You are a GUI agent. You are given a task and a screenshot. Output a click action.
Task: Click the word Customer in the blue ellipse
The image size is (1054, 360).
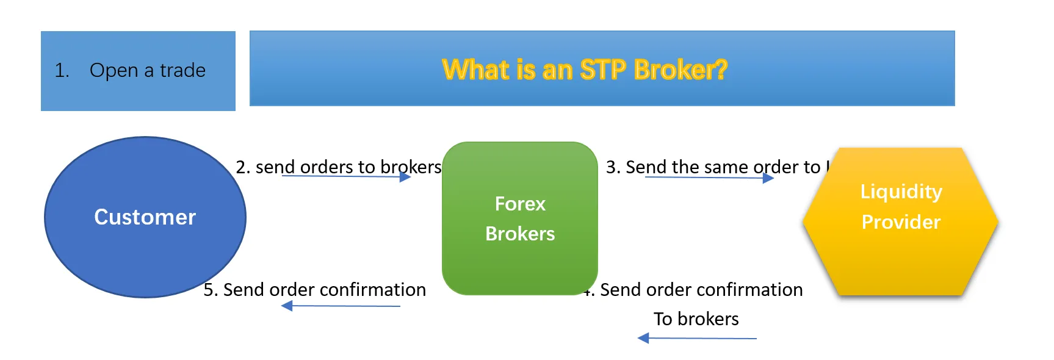click(145, 217)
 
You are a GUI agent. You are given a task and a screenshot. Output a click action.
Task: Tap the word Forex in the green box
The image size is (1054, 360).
click(520, 204)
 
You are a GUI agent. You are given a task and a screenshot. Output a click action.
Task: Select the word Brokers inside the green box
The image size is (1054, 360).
click(520, 234)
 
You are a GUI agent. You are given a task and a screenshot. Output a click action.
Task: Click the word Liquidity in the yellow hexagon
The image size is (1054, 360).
click(901, 192)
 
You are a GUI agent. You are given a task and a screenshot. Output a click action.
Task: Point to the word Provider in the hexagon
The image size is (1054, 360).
click(901, 222)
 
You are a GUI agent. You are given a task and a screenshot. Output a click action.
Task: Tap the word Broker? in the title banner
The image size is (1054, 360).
click(680, 70)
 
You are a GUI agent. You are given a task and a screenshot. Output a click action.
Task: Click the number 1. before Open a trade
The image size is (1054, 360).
click(62, 71)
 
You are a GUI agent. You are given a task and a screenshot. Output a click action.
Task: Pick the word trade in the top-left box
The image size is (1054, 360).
click(182, 71)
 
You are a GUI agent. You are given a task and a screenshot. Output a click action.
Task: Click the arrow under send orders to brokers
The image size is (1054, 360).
click(346, 177)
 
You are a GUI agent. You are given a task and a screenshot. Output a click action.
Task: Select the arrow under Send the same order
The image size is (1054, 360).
click(709, 178)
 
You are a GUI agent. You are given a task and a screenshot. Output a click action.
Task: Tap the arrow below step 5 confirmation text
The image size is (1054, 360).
click(341, 306)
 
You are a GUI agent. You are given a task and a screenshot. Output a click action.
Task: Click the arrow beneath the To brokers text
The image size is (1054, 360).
click(696, 338)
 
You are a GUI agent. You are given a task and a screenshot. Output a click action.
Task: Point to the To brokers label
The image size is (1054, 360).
click(696, 319)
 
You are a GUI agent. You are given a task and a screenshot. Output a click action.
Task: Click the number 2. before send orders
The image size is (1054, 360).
click(242, 167)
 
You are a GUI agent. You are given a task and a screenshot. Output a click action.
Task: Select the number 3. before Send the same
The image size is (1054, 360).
click(613, 167)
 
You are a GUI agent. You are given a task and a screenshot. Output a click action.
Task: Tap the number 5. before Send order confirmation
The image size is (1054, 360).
click(210, 290)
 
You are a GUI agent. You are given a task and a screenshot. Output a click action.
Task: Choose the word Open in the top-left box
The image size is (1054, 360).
click(114, 71)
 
